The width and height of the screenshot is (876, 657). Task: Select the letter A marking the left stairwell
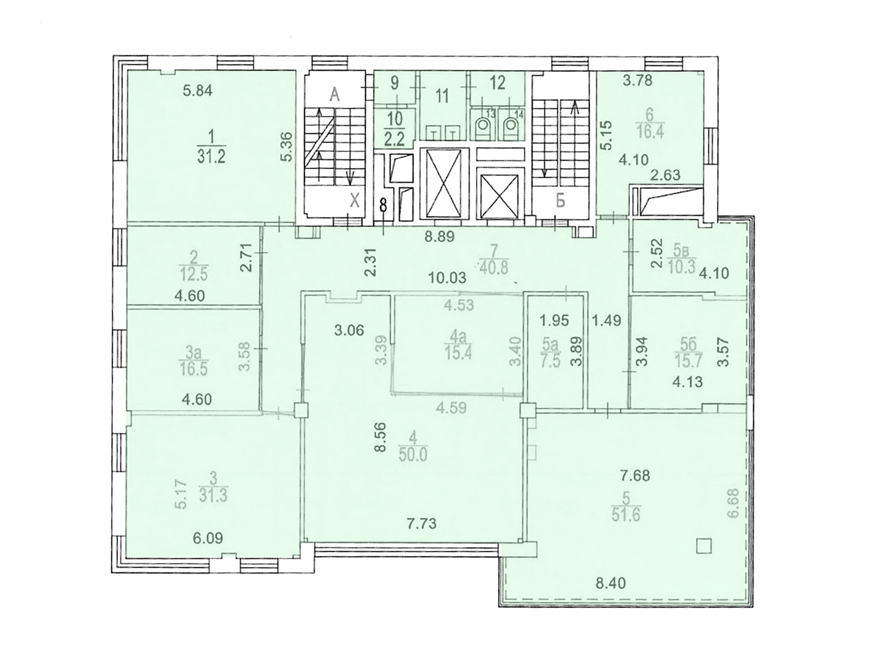[x=335, y=95]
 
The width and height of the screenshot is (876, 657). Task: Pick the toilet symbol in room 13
[x=483, y=128]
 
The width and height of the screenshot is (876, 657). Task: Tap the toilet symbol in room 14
[x=510, y=128]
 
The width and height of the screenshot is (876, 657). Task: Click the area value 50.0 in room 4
[x=413, y=455]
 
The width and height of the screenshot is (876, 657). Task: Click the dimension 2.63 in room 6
[x=666, y=175]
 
